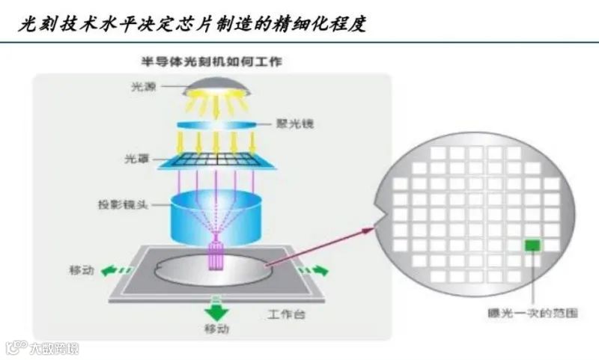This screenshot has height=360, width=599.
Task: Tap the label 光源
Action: point(141,88)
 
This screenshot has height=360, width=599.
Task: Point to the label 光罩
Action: point(139,159)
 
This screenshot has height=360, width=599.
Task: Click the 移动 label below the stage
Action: point(216,329)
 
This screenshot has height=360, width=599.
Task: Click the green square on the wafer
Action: point(532,245)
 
